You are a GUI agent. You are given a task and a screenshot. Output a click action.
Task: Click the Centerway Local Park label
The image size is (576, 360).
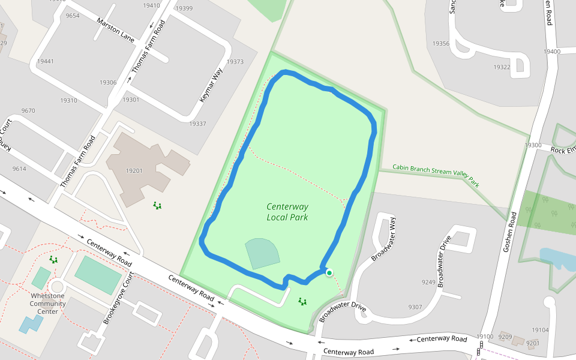[287, 212]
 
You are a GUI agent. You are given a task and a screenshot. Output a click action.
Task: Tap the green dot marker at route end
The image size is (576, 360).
[329, 273]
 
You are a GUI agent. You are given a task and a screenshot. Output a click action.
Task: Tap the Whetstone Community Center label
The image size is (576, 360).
[48, 303]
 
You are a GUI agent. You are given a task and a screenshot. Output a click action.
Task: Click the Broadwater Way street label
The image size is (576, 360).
[384, 239]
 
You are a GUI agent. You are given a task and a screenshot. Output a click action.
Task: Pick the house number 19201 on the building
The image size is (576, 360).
[134, 171]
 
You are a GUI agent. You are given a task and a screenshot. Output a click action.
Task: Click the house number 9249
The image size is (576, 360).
[428, 282]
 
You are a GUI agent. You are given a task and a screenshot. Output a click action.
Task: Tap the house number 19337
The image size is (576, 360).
[197, 124]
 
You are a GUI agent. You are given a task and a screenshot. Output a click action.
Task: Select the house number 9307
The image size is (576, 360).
[415, 307]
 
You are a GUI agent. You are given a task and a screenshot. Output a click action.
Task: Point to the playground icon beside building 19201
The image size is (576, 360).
[157, 206]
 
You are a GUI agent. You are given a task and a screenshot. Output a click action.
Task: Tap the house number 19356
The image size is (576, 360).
[441, 44]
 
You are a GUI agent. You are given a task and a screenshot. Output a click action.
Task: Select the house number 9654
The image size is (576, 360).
[73, 16]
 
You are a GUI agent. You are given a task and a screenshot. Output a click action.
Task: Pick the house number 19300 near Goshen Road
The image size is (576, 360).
[533, 145]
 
